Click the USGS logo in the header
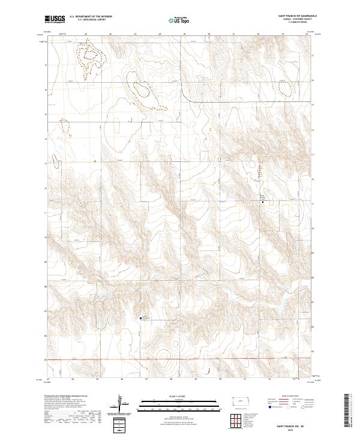(55, 20)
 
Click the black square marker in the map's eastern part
(262, 202)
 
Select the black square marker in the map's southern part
(142, 318)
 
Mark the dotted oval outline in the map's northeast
(287, 84)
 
